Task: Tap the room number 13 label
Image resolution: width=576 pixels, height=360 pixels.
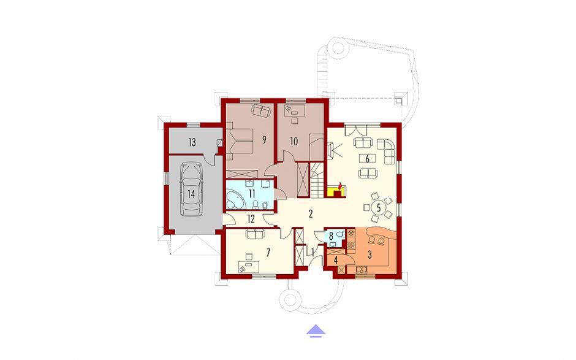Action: [x=192, y=142]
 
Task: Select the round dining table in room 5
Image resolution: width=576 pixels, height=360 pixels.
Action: [x=378, y=207]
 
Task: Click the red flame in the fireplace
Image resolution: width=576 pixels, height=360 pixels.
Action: [x=340, y=185]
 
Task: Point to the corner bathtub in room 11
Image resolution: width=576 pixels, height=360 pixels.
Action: [x=235, y=199]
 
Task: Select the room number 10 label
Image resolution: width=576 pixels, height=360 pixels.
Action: [x=294, y=141]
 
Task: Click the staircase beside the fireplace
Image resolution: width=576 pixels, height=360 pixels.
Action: [x=317, y=180]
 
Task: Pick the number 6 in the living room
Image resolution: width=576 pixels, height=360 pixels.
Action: [x=367, y=158]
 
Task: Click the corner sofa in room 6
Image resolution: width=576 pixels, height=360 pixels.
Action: [x=385, y=150]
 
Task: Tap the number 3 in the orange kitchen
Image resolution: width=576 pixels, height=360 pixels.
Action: [x=370, y=254]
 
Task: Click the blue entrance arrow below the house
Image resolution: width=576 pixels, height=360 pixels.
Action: [x=316, y=331]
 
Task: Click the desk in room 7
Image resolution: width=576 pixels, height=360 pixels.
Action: [x=248, y=266]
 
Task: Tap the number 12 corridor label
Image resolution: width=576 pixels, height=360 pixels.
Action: [x=251, y=219]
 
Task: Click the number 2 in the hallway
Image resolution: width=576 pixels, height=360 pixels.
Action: [x=311, y=213]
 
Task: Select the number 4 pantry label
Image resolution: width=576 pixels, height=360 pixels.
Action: [x=336, y=260]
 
